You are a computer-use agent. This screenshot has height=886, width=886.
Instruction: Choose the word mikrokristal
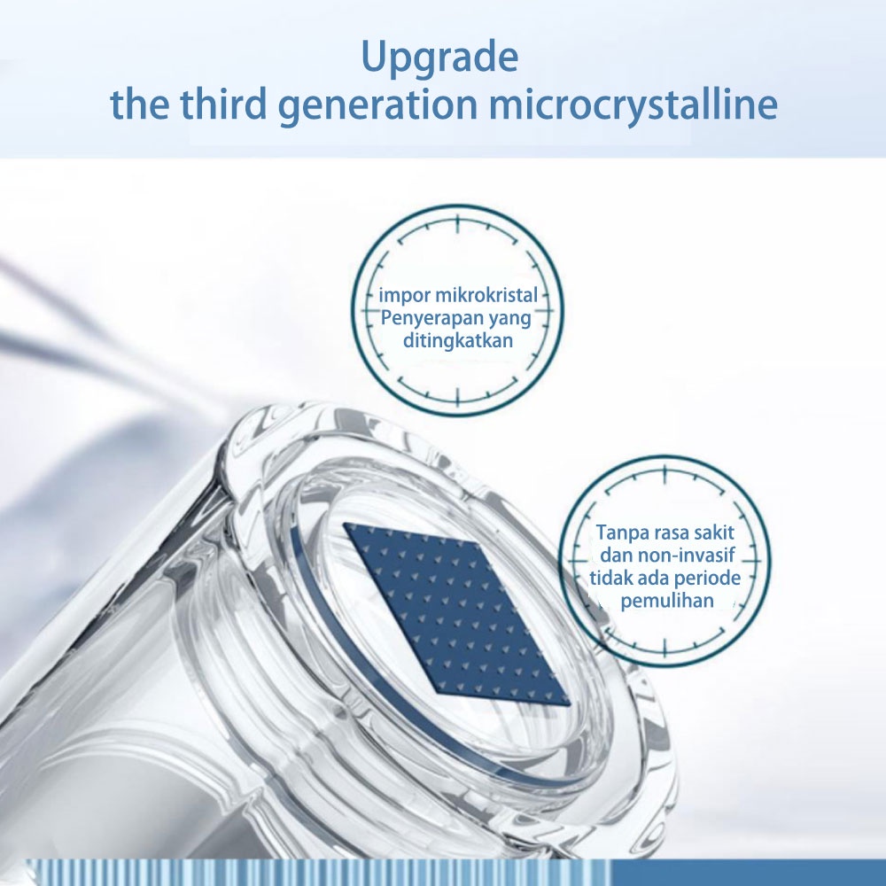(486, 295)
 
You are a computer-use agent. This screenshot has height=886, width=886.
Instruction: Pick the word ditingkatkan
(458, 341)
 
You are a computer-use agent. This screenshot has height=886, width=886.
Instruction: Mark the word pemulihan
(667, 601)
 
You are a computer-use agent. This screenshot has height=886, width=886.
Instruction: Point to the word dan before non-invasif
(617, 556)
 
